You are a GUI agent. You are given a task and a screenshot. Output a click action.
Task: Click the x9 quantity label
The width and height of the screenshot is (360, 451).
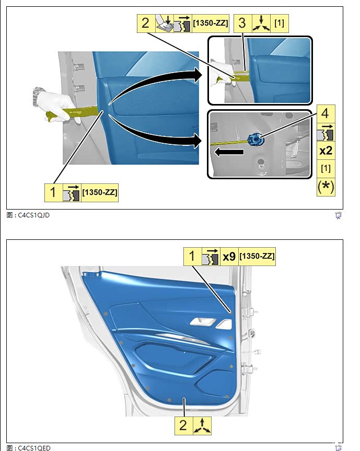229,256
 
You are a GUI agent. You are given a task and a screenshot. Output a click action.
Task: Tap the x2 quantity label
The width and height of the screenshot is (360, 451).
326,151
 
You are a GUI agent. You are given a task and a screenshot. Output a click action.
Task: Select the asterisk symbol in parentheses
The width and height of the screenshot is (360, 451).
326,187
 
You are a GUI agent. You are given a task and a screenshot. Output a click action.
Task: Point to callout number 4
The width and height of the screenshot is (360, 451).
325,113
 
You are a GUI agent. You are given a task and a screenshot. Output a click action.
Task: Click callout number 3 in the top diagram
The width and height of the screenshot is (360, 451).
242,23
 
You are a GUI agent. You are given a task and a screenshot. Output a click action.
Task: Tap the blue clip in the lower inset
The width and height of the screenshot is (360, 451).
256,139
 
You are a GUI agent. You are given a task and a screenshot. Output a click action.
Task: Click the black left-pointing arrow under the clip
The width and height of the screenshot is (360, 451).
229,152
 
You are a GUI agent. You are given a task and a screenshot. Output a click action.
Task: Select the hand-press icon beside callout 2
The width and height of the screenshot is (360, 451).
165,23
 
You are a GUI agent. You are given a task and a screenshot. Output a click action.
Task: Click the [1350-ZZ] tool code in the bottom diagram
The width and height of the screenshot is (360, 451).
257,256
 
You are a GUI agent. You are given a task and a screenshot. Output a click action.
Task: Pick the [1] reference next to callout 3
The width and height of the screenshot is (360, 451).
279,22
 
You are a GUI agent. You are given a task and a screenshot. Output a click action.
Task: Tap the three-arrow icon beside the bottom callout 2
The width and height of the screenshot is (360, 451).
202,426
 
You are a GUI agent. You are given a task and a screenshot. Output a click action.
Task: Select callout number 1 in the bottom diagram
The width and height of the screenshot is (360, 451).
192,256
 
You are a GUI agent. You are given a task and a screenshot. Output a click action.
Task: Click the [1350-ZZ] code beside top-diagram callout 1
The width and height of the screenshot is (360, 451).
100,192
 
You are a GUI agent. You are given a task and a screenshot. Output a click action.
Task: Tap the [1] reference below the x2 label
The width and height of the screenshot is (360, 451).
326,168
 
